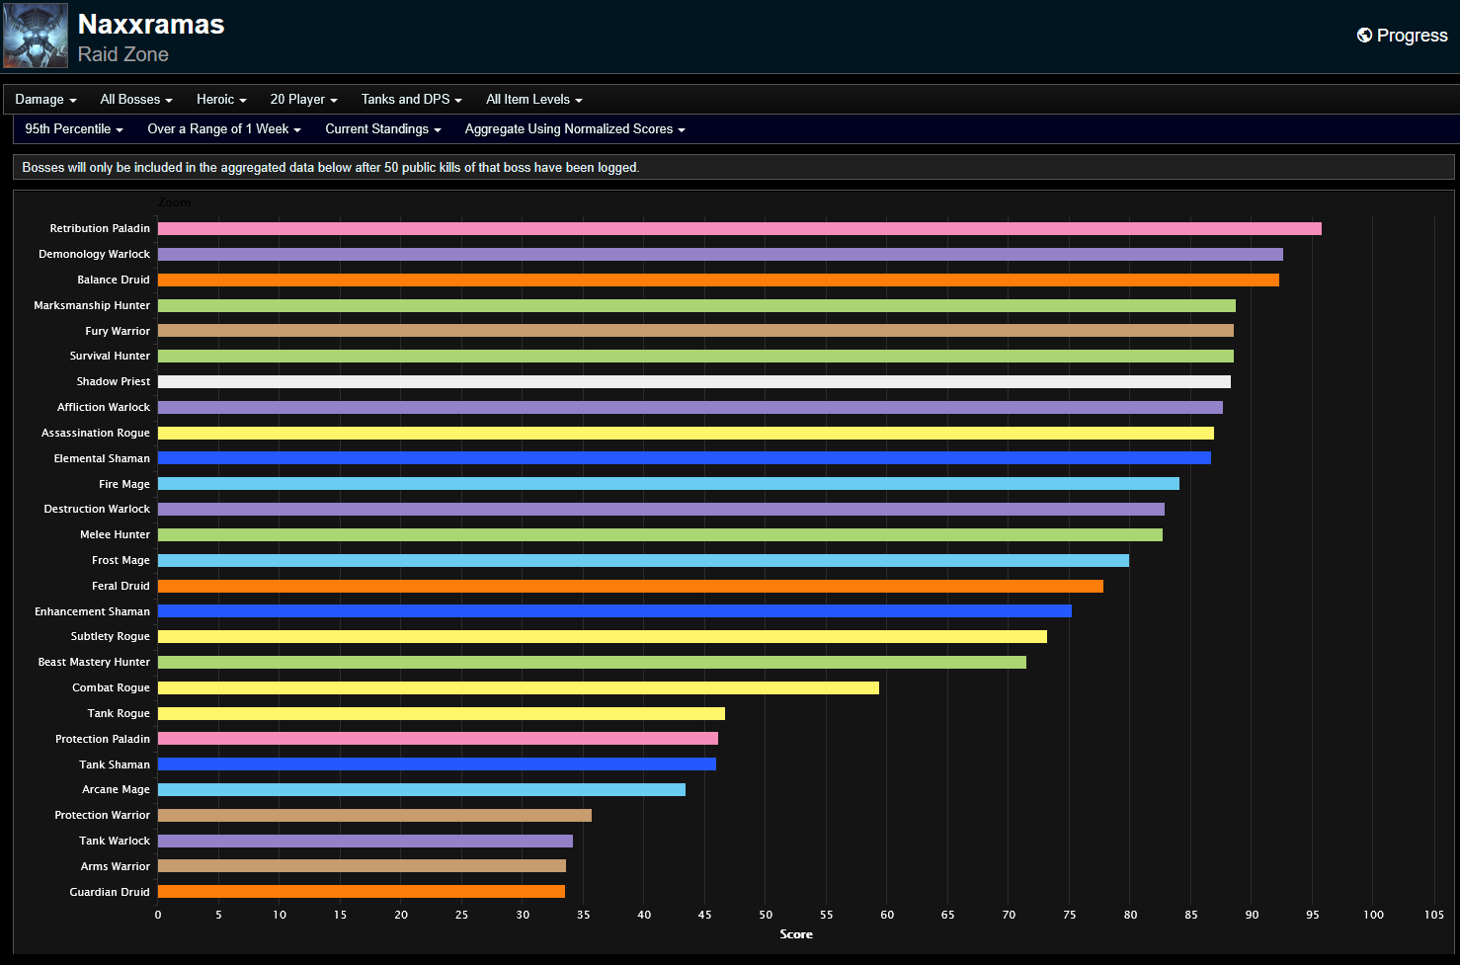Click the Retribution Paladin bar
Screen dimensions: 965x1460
click(x=739, y=229)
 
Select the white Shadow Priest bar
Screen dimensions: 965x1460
click(x=693, y=381)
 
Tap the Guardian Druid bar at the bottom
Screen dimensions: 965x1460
click(x=362, y=892)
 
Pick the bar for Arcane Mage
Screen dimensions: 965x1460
click(x=421, y=790)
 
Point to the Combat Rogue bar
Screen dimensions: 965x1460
click(x=518, y=687)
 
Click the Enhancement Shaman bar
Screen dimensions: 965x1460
click(x=614, y=611)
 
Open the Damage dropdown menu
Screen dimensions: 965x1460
click(x=45, y=100)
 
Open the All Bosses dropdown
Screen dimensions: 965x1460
click(x=136, y=100)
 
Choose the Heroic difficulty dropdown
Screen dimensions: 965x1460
click(x=221, y=100)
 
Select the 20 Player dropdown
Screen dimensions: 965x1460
click(x=303, y=100)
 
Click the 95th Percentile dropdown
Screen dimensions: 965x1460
click(x=74, y=129)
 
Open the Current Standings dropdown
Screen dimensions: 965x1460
click(x=382, y=129)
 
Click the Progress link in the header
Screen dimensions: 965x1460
click(x=1403, y=36)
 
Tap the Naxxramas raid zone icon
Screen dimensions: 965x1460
click(x=36, y=36)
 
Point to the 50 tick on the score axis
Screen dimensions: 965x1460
click(x=766, y=915)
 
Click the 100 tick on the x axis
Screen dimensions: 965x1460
click(x=1373, y=915)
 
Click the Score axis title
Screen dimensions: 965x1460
click(x=796, y=934)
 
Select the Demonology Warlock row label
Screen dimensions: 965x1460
click(x=94, y=255)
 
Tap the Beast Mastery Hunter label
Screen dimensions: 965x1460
click(x=94, y=663)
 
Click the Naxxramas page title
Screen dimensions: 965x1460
click(x=151, y=25)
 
